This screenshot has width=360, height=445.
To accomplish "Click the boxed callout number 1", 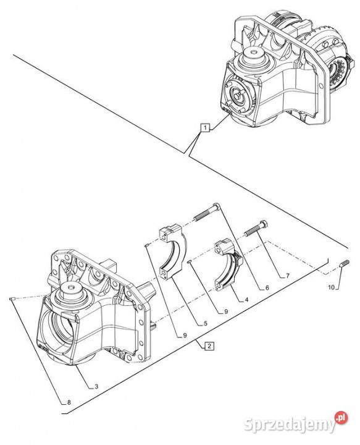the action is point(205,128).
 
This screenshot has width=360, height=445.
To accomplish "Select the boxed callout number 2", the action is point(209,346).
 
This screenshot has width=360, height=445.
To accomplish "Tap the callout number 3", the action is point(96,386).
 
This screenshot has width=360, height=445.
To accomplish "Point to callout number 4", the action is point(246,299).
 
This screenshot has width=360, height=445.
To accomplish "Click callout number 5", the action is point(205,323).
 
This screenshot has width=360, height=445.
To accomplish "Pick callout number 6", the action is point(267,287).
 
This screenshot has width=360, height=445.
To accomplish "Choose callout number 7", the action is point(287,276).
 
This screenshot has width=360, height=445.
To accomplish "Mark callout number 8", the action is point(69,402).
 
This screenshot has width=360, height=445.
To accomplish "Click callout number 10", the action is point(332,287).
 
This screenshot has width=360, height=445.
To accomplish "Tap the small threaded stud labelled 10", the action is point(344,264).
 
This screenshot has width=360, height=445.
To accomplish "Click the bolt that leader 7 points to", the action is point(256,228).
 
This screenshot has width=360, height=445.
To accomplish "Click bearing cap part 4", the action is point(228,265).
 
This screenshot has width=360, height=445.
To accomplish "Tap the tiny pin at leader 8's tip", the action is point(12,299).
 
